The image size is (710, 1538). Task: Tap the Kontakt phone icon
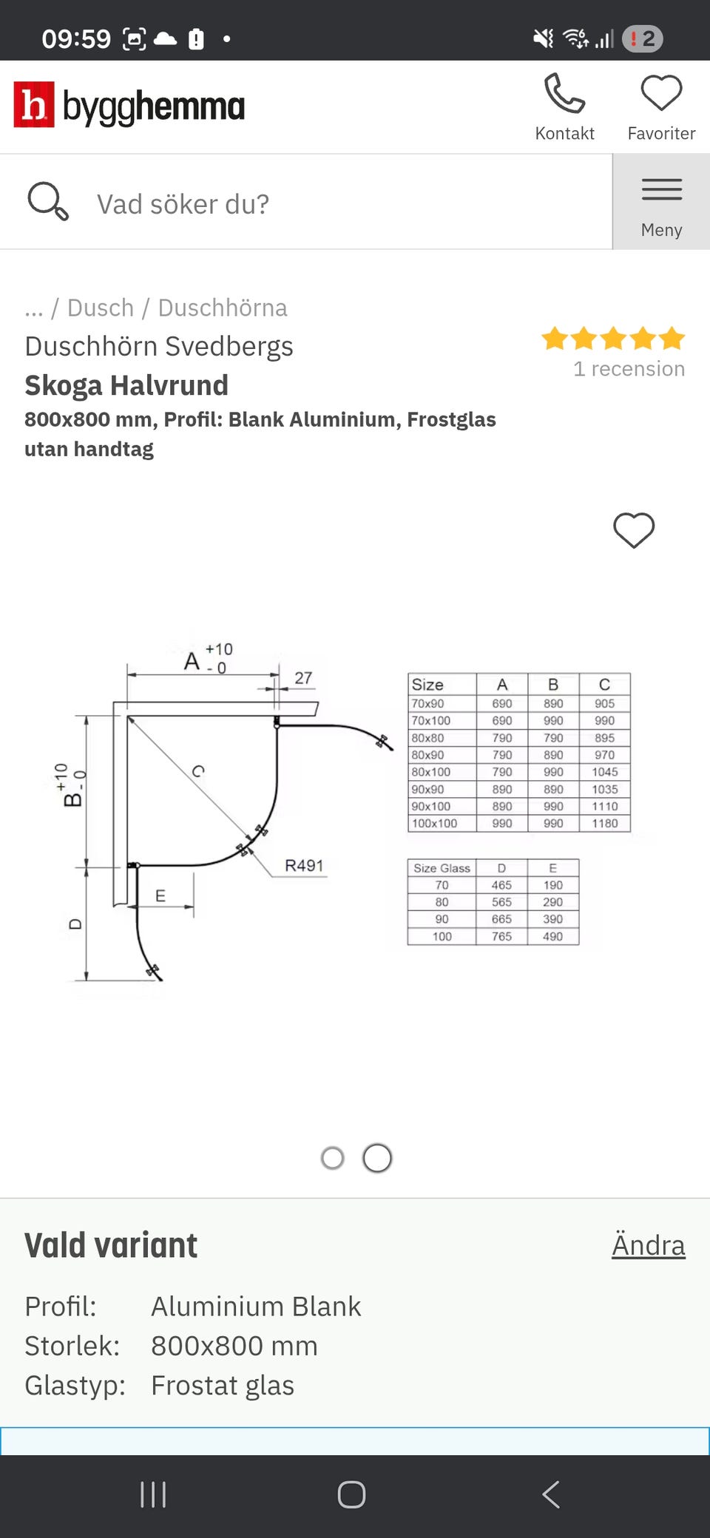point(564,94)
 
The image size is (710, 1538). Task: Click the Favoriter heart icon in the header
point(661,94)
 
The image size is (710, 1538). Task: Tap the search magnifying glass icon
point(48,202)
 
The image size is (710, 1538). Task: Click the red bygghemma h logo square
point(34,105)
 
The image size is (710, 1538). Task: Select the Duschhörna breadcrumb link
point(222,308)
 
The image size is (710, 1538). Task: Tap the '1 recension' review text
point(629,369)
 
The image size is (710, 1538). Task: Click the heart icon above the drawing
point(634,530)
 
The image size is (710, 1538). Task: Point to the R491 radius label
point(304,865)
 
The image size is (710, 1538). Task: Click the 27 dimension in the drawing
point(303,678)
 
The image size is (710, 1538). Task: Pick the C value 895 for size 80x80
point(604,738)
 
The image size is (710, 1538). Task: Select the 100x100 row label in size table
point(435,824)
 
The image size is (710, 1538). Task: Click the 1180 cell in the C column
point(604,824)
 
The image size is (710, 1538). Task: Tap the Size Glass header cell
point(442,868)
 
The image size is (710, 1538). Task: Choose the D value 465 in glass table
point(501,885)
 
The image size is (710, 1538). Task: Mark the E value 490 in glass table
point(552,936)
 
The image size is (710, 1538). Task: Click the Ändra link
point(648,1245)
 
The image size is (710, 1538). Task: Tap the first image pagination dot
point(333,1158)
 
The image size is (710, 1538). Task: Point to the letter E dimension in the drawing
point(160,896)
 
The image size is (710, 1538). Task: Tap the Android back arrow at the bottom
point(551,1494)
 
